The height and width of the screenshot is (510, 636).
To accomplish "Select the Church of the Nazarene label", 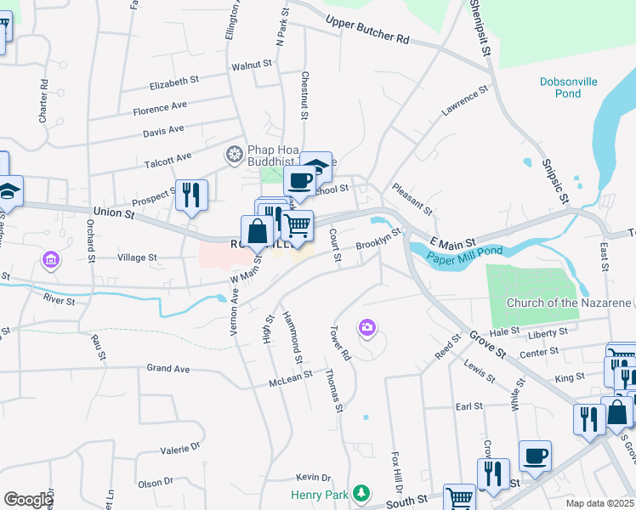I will (569, 303).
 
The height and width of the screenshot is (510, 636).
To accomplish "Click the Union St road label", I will (114, 212).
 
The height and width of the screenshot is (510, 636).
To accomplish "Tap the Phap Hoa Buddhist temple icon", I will (233, 154).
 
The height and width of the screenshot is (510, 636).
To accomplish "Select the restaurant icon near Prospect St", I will (191, 195).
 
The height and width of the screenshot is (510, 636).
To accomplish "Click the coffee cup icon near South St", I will (535, 455).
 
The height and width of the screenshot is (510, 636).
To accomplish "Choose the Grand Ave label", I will (168, 369).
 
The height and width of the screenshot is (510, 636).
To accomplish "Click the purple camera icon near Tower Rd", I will (367, 326).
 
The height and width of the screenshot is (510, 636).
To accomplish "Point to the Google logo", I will (28, 500).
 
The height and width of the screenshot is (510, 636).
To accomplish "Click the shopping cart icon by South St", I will (458, 496).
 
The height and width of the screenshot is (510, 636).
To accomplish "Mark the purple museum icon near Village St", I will (51, 258).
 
